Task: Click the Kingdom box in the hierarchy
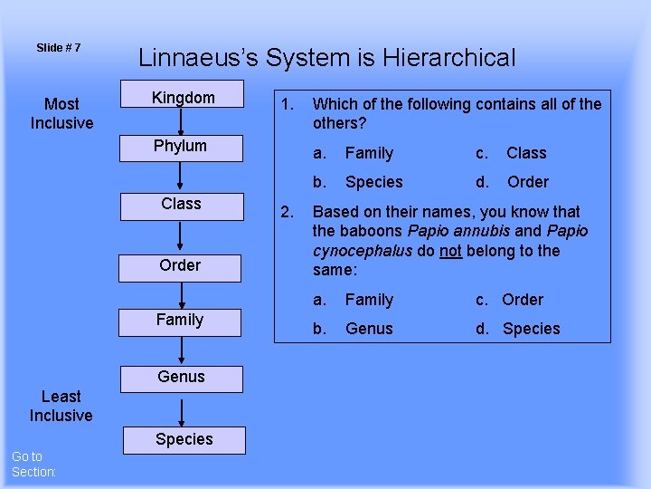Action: click(183, 98)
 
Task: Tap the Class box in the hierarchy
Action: click(181, 204)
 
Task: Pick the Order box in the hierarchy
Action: click(180, 265)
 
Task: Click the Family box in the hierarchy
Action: click(180, 320)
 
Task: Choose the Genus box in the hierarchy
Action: click(181, 378)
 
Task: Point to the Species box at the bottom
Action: click(184, 439)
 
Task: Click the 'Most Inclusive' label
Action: click(61, 113)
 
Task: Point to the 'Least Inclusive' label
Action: click(61, 406)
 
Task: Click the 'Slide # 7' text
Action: click(59, 47)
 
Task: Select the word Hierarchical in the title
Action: click(448, 59)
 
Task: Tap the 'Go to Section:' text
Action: click(33, 465)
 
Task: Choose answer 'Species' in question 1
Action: click(373, 182)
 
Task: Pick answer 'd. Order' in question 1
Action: click(527, 182)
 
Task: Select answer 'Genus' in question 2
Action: click(369, 329)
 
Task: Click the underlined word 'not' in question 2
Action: click(450, 251)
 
